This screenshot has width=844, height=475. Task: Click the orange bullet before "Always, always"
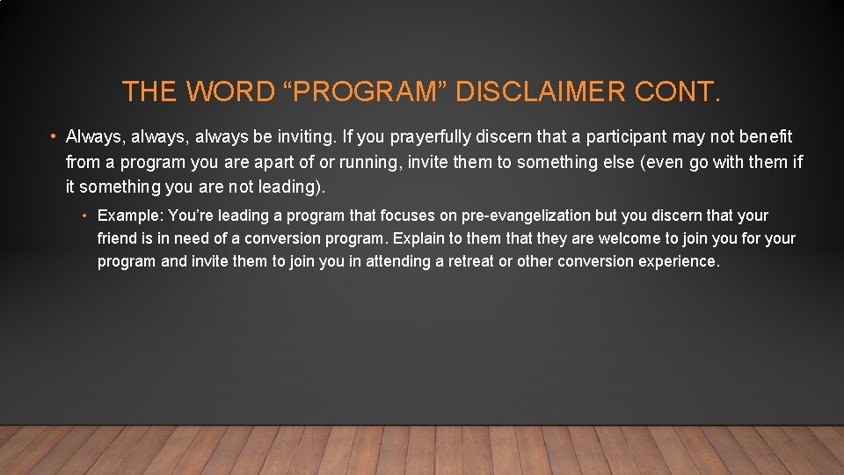(54, 137)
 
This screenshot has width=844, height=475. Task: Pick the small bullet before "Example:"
(86, 216)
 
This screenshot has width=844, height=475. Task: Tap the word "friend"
(117, 239)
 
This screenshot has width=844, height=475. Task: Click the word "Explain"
(421, 239)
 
